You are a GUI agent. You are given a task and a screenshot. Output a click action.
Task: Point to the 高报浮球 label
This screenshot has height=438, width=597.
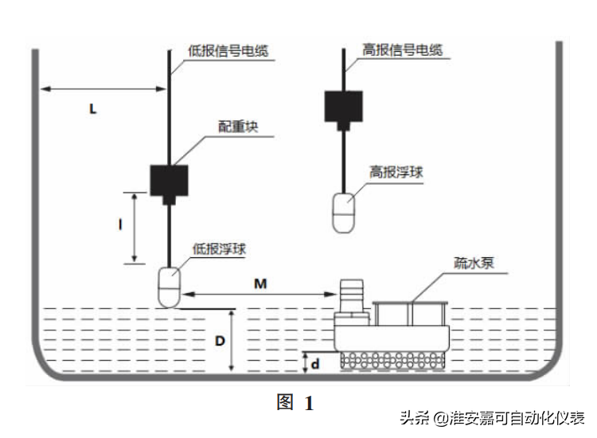(395, 172)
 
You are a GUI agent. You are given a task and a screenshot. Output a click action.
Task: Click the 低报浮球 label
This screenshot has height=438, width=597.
(220, 248)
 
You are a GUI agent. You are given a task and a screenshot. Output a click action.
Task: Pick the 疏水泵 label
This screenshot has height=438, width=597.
(474, 262)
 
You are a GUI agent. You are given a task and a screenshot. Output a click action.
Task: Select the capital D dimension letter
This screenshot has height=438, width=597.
(219, 341)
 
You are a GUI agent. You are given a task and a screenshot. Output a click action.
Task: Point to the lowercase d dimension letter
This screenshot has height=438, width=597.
(315, 364)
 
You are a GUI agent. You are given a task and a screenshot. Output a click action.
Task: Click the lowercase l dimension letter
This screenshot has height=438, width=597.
(119, 226)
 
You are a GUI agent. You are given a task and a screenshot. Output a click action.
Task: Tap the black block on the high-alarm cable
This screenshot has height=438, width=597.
(344, 107)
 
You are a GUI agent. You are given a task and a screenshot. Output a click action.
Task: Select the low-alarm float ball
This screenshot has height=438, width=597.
(170, 287)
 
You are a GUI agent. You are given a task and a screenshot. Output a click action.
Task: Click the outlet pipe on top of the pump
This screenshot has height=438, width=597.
(351, 295)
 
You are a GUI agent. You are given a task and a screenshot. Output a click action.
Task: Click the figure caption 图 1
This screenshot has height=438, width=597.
(295, 403)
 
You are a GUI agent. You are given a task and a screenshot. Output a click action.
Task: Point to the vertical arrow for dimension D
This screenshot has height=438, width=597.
(231, 341)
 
